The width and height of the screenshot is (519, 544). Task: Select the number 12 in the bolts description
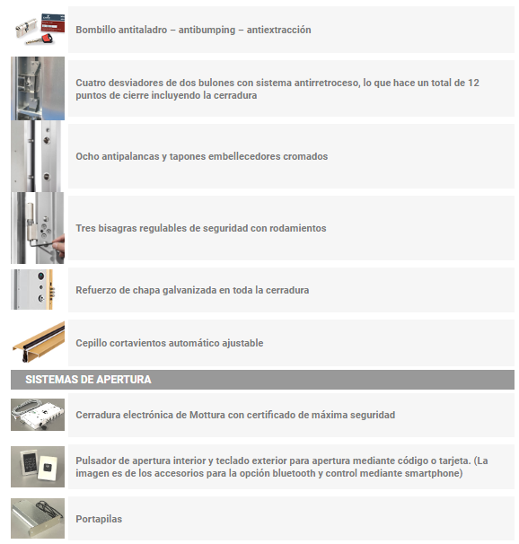473,83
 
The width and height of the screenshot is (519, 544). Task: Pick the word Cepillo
90,343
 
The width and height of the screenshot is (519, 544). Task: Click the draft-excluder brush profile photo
38,342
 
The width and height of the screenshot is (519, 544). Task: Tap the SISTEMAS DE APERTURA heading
88,380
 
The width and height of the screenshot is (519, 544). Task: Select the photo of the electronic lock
38,415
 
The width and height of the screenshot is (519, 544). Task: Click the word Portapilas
99,519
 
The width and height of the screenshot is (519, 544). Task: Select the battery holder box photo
38,518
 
